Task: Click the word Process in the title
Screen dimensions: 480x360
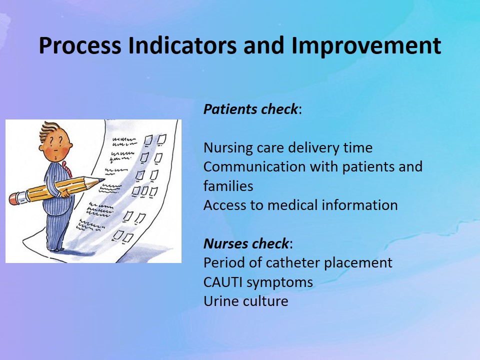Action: pos(80,45)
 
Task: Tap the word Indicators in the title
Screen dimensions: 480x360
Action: pos(182,45)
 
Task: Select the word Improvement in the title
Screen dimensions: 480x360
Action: pos(366,46)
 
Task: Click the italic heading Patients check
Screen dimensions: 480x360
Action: pos(250,109)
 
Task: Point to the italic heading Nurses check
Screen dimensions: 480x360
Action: pos(246,243)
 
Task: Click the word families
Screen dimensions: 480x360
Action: pos(228,186)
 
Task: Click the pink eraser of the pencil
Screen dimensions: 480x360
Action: pos(14,198)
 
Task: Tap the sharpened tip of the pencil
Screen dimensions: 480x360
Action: pos(102,180)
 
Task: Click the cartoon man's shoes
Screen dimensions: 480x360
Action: pos(55,249)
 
